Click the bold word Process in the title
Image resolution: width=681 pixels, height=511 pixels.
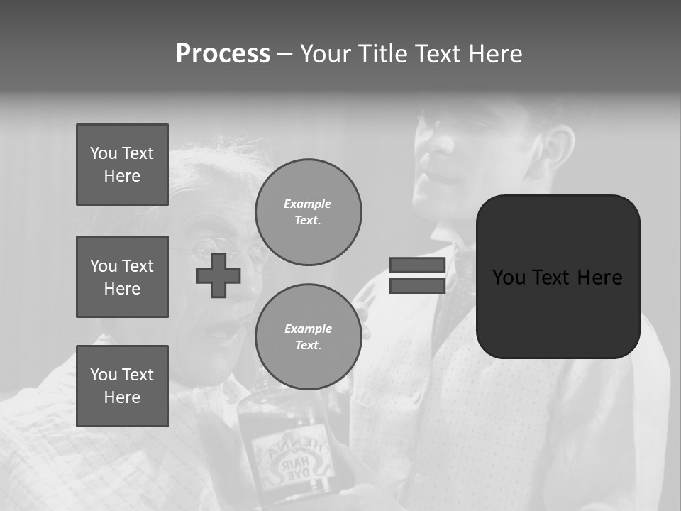pyautogui.click(x=223, y=54)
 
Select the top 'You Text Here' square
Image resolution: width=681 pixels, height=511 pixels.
pyautogui.click(x=122, y=165)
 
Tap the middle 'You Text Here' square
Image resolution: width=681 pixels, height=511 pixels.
pyautogui.click(x=122, y=277)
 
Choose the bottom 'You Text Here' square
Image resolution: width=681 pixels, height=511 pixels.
pyautogui.click(x=122, y=386)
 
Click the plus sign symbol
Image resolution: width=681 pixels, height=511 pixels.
pyautogui.click(x=218, y=275)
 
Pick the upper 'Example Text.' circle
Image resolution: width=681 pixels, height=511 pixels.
pyautogui.click(x=309, y=212)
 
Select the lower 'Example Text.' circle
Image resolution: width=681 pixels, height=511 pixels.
pyautogui.click(x=309, y=336)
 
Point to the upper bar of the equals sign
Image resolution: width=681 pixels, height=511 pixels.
pyautogui.click(x=417, y=265)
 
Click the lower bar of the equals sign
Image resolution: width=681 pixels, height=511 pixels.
pyautogui.click(x=417, y=285)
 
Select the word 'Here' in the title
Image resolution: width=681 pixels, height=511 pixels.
pyautogui.click(x=494, y=54)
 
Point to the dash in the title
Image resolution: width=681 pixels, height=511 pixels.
pyautogui.click(x=285, y=54)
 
